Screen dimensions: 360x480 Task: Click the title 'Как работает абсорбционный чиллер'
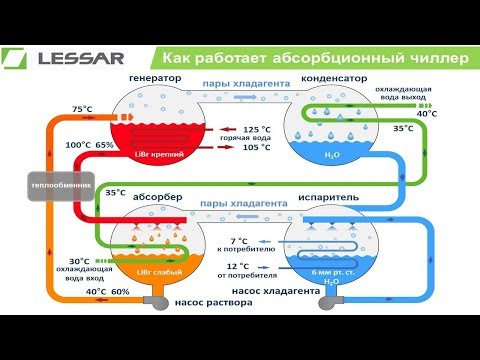[314, 58]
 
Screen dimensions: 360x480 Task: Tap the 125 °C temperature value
[257, 130]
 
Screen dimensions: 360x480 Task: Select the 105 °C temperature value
[257, 148]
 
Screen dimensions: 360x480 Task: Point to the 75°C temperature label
[83, 109]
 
